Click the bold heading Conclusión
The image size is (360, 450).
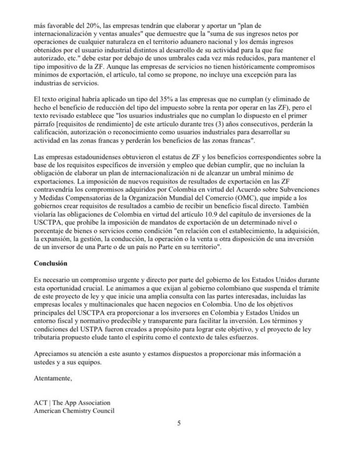click(x=50, y=263)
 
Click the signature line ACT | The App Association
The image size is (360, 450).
click(x=72, y=403)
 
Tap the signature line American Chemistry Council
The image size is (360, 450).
click(x=74, y=410)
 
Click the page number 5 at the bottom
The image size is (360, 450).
click(x=179, y=423)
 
